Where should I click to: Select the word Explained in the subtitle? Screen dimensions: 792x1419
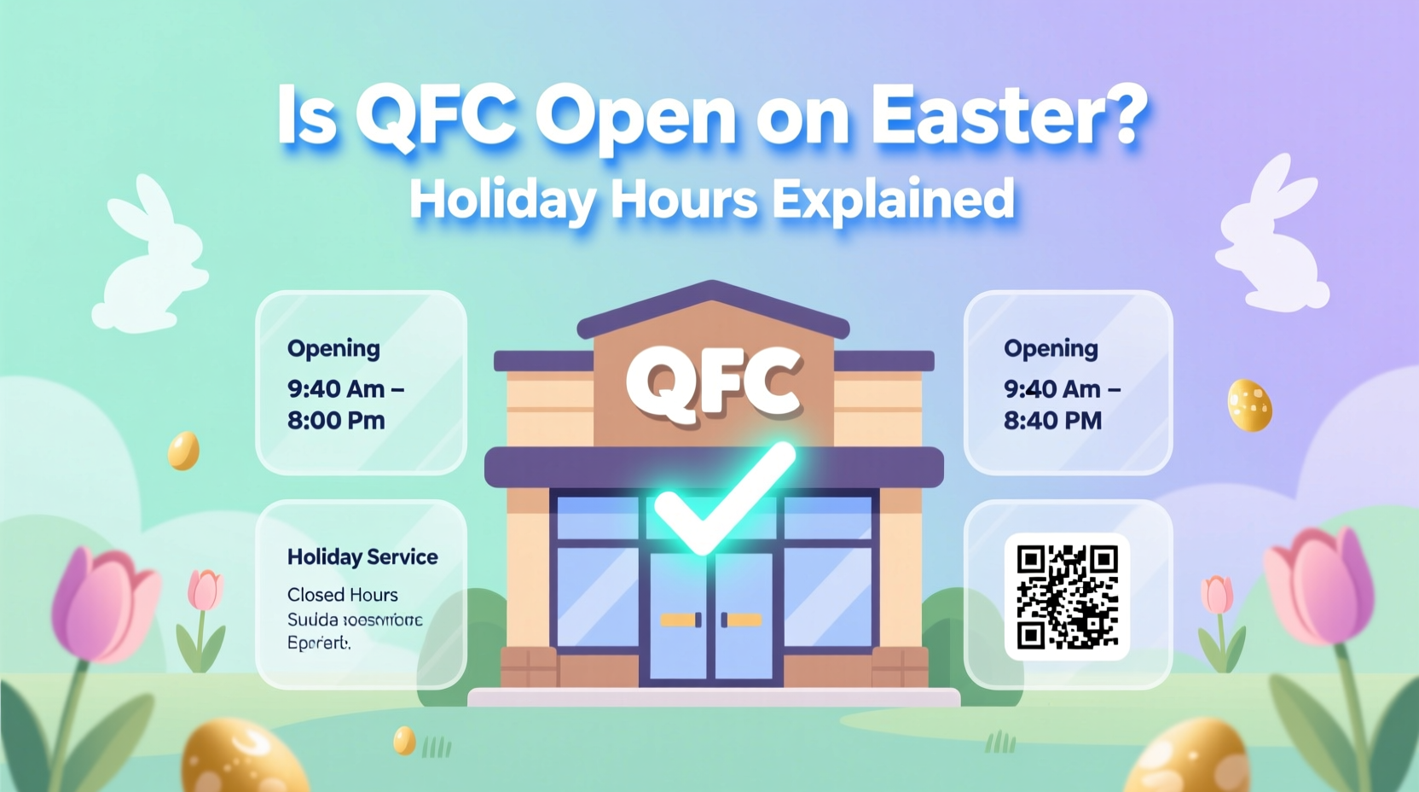pyautogui.click(x=893, y=200)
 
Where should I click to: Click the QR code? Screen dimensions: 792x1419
pyautogui.click(x=1067, y=597)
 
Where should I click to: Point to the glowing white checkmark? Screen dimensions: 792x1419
pyautogui.click(x=725, y=499)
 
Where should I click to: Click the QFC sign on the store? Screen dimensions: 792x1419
pyautogui.click(x=714, y=381)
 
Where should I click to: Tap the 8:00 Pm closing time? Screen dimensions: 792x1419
pyautogui.click(x=336, y=421)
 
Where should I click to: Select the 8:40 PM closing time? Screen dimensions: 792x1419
pyautogui.click(x=1052, y=421)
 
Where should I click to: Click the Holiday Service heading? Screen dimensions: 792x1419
pyautogui.click(x=362, y=557)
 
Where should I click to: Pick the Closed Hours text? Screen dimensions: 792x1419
pyautogui.click(x=342, y=595)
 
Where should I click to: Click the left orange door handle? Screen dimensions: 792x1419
pyautogui.click(x=680, y=620)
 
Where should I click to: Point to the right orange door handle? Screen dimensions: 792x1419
pyautogui.click(x=741, y=620)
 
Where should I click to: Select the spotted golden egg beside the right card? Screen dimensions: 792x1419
pyautogui.click(x=1249, y=405)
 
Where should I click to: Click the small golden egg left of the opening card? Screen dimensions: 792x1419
pyautogui.click(x=183, y=451)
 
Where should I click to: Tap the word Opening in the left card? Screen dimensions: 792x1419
pyautogui.click(x=333, y=348)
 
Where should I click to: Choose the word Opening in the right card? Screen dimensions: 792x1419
pyautogui.click(x=1051, y=348)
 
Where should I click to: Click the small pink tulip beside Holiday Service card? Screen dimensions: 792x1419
pyautogui.click(x=205, y=591)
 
